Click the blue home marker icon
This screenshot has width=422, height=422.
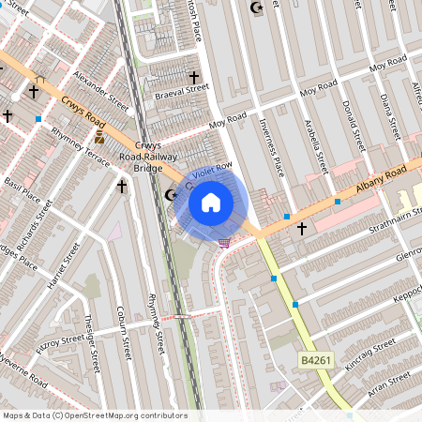click(x=211, y=202)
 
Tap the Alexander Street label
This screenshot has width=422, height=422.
click(x=100, y=89)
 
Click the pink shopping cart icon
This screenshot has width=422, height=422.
click(x=224, y=243)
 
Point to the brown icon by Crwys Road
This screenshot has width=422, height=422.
click(x=99, y=137)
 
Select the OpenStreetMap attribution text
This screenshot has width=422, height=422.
click(x=95, y=415)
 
